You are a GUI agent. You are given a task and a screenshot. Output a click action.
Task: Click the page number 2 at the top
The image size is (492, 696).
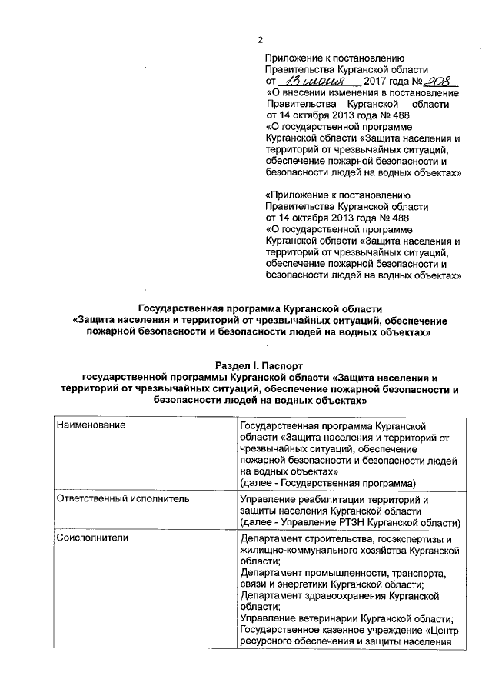click(x=260, y=41)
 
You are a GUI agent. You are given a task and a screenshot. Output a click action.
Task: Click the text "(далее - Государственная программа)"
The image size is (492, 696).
click(x=327, y=483)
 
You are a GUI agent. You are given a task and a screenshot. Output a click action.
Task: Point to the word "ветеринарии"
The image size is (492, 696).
click(x=327, y=619)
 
